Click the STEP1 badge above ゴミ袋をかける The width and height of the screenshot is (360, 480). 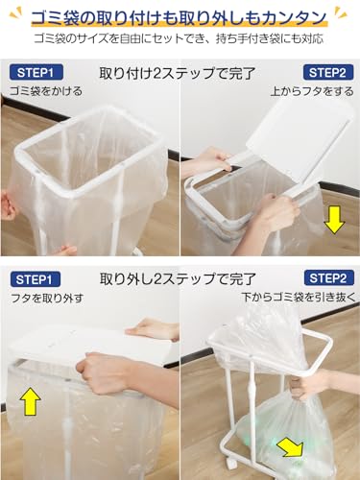36,73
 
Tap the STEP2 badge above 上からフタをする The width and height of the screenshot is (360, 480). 328,73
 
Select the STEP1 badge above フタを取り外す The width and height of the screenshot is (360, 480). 36,279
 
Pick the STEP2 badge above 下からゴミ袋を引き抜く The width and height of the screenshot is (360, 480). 328,277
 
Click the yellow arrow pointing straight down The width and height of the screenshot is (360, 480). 334,220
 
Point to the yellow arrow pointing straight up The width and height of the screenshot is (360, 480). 31,401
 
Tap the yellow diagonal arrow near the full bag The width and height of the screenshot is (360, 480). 291,448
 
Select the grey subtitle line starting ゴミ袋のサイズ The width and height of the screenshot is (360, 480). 179,38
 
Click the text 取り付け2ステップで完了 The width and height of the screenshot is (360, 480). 178,74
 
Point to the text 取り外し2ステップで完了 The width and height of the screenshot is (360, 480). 178,279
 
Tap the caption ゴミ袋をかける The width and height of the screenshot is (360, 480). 46,91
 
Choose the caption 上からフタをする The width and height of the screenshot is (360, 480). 312,91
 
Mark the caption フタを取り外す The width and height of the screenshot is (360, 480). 47,299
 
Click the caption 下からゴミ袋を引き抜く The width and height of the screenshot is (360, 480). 299,297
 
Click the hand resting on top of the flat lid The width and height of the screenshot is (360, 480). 154,329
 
